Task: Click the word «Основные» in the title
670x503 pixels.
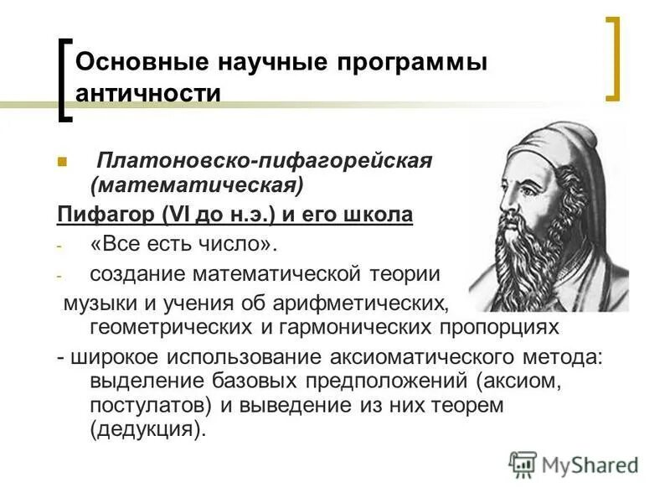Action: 126,63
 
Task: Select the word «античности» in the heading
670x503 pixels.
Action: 148,92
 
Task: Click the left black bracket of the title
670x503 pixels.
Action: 65,79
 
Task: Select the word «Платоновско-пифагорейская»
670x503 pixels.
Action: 265,160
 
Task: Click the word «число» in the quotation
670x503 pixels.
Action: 236,244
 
